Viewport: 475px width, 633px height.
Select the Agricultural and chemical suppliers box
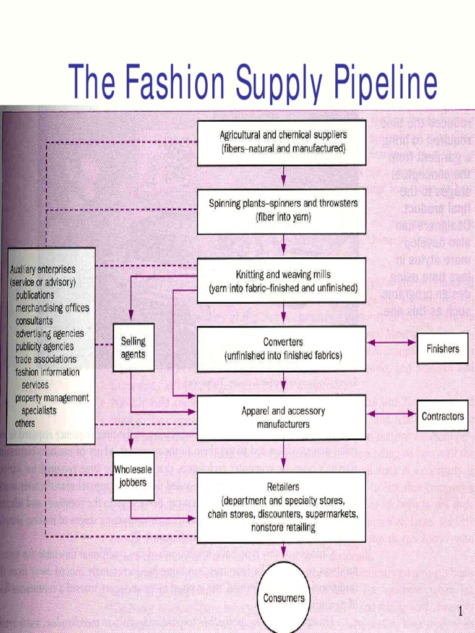click(282, 142)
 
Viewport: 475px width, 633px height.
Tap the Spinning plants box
click(282, 211)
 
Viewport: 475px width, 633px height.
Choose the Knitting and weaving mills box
click(282, 281)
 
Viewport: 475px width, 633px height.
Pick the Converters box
click(282, 349)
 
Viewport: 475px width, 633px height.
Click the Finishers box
click(442, 349)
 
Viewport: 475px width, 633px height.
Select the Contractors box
click(442, 416)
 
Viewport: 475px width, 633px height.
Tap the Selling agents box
click(133, 347)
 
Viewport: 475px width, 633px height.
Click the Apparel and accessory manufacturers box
click(282, 417)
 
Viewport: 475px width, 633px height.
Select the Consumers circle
click(283, 598)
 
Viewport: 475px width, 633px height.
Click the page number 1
click(460, 612)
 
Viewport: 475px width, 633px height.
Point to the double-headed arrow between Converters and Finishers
click(391, 342)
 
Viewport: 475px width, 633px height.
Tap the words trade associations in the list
click(46, 359)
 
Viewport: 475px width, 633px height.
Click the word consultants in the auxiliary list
click(35, 321)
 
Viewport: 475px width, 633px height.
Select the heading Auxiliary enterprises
click(43, 270)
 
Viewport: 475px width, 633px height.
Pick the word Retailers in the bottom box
click(283, 487)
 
